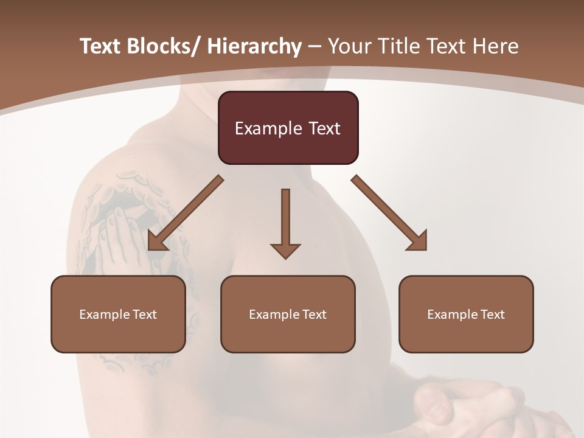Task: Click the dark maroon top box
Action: pos(288,128)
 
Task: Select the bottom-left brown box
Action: pos(118,314)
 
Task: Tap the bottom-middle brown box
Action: pos(288,314)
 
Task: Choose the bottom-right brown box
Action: pos(466,314)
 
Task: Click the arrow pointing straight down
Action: pos(285,223)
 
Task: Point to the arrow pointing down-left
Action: pos(185,214)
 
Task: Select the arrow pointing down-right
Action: pos(389,214)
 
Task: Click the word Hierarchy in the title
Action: pos(254,46)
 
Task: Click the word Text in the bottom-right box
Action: pos(492,315)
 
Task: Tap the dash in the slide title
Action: pos(315,47)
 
